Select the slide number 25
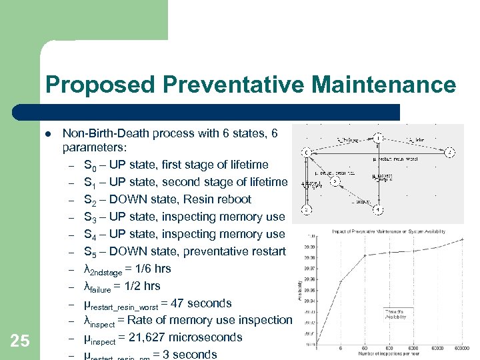click(20, 341)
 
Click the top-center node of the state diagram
click(378, 137)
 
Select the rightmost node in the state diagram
click(451, 153)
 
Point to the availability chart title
click(389, 231)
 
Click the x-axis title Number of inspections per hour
click(391, 354)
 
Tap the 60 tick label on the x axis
click(365, 348)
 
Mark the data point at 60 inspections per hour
click(365, 255)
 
